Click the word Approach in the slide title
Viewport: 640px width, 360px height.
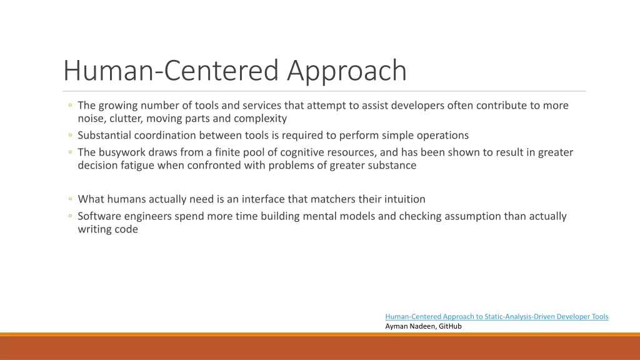[347, 71]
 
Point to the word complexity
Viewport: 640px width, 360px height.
[261, 119]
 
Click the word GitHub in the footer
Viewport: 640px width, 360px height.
[450, 326]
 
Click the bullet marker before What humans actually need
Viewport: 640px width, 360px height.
[71, 199]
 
